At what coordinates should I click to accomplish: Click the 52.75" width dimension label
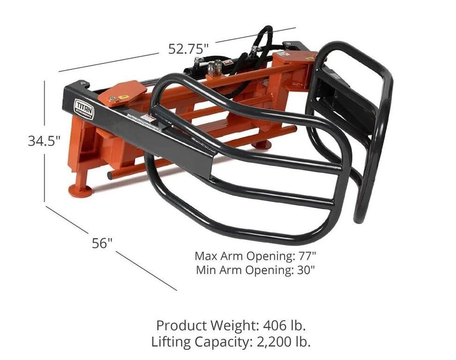(188, 48)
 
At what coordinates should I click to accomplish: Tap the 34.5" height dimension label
(44, 141)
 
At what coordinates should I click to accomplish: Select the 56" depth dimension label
(102, 243)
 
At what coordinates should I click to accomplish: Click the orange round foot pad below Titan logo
(80, 190)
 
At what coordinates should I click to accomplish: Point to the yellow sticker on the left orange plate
(124, 97)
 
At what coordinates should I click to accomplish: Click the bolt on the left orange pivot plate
(112, 98)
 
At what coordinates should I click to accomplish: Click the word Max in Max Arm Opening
(204, 256)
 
